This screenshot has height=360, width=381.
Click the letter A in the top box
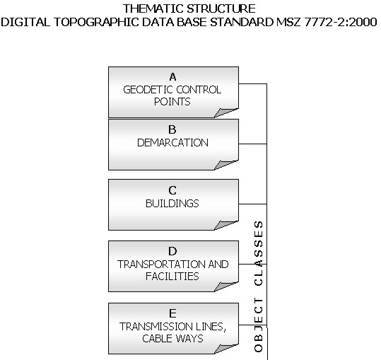coord(172,77)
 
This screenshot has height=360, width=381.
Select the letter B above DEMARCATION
coord(172,129)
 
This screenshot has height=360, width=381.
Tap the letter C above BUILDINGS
coord(172,190)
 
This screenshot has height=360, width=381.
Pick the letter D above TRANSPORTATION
coord(172,251)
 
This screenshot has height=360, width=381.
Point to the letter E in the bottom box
coord(172,313)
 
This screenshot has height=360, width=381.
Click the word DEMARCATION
coord(172,143)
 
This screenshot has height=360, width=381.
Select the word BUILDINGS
coord(172,204)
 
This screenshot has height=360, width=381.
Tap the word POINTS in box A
coord(172,102)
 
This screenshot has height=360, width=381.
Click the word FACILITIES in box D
coord(172,277)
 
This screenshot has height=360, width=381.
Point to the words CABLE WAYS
coord(172,339)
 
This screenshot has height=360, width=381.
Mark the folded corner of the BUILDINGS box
coord(226,225)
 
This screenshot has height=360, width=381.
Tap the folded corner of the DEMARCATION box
coord(226,165)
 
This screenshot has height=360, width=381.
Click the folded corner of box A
coord(226,112)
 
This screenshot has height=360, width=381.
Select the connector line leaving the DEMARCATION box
coord(253,144)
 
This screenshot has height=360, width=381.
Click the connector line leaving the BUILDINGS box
coord(253,204)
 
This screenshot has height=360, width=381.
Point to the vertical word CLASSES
coord(259,253)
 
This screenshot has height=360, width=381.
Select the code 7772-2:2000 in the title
coord(341,22)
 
